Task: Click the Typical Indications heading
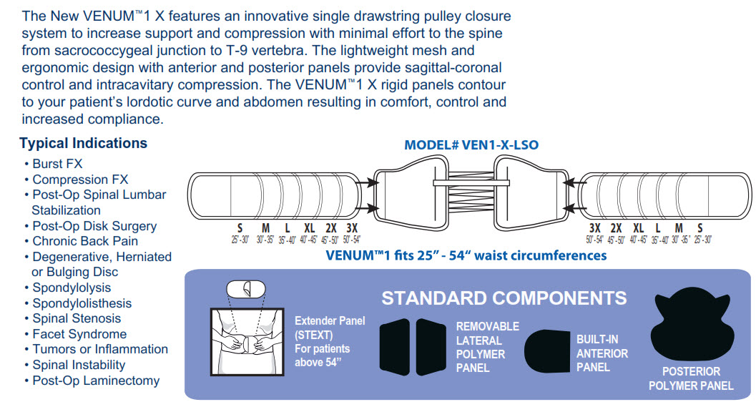(83, 143)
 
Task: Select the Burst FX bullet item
(57, 164)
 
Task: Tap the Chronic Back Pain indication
(85, 241)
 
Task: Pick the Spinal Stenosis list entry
(77, 318)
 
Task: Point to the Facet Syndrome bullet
(79, 334)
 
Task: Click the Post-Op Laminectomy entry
(96, 381)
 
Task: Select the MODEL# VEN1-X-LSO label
(471, 145)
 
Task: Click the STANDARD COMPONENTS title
(504, 298)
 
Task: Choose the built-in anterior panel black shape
(548, 351)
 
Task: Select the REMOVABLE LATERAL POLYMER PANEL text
(488, 347)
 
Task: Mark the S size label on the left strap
(240, 227)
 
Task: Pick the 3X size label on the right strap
(594, 227)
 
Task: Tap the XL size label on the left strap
(309, 227)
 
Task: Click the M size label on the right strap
(679, 227)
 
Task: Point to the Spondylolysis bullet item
(72, 288)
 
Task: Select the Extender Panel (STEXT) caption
(330, 342)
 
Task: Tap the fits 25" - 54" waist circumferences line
(466, 255)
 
